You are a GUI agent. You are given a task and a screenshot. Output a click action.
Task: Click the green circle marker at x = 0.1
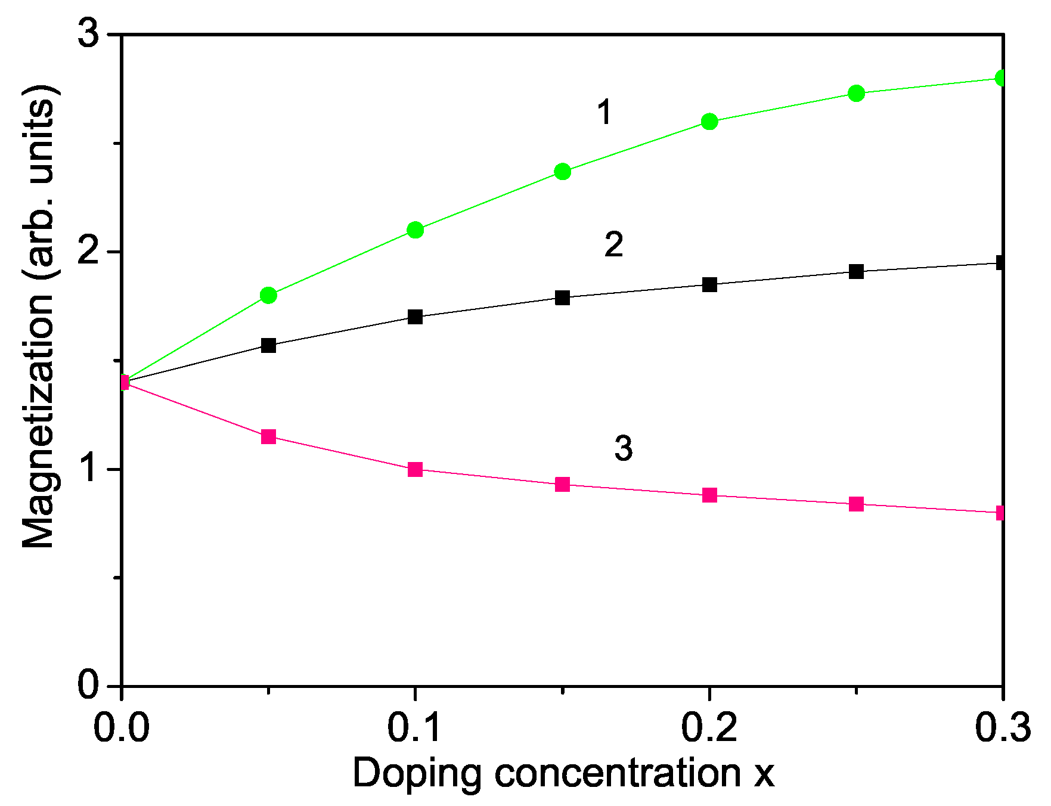(x=416, y=230)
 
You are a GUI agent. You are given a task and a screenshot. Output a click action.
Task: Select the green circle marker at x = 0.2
(x=709, y=122)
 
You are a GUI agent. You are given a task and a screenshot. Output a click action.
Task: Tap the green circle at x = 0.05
(x=269, y=295)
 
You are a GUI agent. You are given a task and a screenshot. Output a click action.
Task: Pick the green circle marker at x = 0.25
(x=857, y=93)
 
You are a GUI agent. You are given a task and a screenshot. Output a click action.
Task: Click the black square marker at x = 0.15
(x=562, y=297)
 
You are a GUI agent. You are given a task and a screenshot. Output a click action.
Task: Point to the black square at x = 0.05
(x=269, y=345)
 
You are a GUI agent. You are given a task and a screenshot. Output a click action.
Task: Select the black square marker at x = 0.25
(x=857, y=272)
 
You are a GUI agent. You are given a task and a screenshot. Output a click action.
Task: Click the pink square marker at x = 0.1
(x=416, y=469)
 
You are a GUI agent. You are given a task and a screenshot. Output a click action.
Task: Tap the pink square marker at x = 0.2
(x=709, y=495)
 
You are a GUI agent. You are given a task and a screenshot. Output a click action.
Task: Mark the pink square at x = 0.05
(x=269, y=437)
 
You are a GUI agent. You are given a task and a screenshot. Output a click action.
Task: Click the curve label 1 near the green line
(x=604, y=113)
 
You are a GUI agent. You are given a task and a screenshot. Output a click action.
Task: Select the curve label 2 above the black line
(x=614, y=245)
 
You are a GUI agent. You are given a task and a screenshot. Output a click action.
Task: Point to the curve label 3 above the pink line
(x=624, y=448)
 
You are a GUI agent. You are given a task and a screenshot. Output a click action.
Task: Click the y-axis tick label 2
(x=91, y=252)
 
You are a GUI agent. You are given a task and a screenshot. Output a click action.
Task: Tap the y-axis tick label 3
(x=91, y=35)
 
